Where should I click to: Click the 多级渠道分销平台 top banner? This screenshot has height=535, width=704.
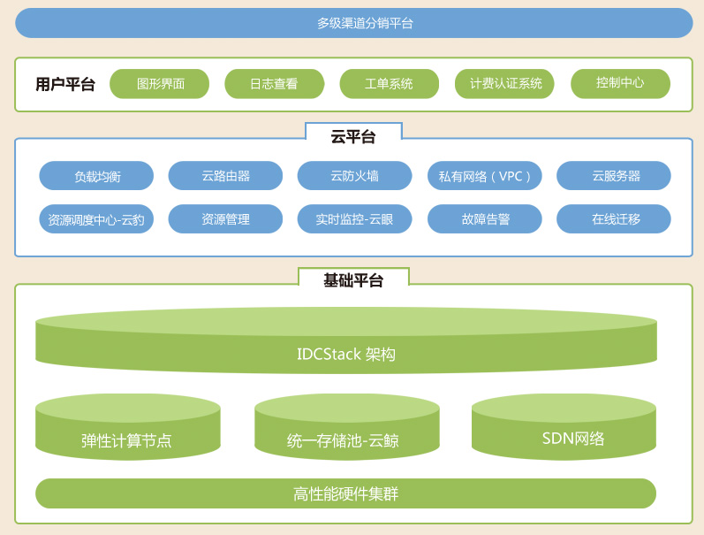pos(354,23)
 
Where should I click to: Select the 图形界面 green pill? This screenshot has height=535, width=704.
pos(159,84)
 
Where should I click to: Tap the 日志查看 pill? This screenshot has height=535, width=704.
pos(275,84)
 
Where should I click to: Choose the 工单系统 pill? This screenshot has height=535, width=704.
pos(390,84)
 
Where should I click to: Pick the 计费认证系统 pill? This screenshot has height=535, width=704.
pos(504,84)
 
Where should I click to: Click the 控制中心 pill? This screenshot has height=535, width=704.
pos(620,84)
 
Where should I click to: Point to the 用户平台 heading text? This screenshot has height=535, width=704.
pos(65,84)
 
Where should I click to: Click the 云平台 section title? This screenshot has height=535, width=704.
pos(353,137)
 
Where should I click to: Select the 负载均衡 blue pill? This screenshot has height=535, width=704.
pos(96,176)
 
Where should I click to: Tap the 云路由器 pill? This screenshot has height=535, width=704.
pos(225,176)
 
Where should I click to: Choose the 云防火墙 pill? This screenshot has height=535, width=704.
pos(355,176)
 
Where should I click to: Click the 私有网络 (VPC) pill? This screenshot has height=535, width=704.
pos(484,176)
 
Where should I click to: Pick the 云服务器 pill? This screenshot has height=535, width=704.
pos(614,176)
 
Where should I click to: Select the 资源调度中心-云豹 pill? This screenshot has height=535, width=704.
pos(96,219)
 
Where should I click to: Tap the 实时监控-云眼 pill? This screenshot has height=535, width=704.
pos(355,219)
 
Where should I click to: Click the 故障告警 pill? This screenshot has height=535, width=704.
pos(484,219)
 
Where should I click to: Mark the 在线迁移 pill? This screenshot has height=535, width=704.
pos(614,219)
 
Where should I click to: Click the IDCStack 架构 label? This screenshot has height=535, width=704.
pos(346,355)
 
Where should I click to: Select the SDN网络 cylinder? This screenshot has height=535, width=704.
pos(564,427)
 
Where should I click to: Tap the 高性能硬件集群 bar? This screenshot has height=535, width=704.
pos(345,493)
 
